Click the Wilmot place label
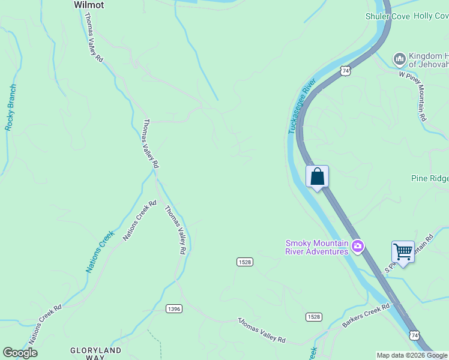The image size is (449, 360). (89, 5)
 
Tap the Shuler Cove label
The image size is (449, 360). (387, 16)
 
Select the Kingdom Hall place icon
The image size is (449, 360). (399, 59)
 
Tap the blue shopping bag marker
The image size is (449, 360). (318, 177)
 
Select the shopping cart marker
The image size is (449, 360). (403, 252)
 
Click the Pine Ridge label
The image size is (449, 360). (430, 179)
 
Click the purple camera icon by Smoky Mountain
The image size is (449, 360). (358, 247)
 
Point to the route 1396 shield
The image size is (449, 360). (174, 308)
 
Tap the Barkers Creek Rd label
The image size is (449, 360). (367, 315)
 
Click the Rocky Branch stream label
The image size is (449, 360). (11, 107)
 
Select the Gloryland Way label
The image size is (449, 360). (95, 353)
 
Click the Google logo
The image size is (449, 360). (21, 353)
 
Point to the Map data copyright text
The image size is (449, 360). (411, 355)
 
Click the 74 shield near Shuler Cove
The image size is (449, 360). (345, 71)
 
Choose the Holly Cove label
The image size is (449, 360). (431, 16)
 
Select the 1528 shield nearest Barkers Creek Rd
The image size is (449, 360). (313, 316)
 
